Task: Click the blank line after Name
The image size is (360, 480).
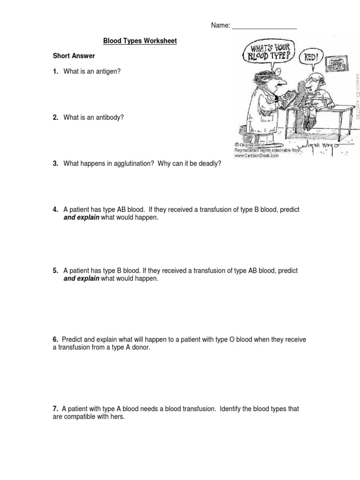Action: [x=264, y=27]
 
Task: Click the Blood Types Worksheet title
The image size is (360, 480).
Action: [x=140, y=41]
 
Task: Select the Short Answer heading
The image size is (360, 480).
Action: [x=74, y=56]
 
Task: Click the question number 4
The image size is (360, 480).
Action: [x=55, y=210]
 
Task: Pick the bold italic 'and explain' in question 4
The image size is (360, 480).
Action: [x=81, y=218]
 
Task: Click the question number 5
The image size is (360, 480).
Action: [x=55, y=271]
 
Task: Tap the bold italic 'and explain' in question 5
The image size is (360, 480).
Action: [x=81, y=279]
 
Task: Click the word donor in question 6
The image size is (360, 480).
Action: [x=141, y=347]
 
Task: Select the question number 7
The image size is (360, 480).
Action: [x=55, y=409]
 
